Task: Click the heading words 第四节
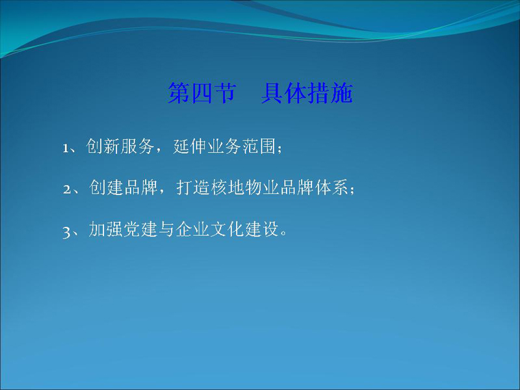[x=202, y=93]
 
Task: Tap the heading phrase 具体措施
[x=307, y=93]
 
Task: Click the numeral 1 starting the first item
[x=66, y=148]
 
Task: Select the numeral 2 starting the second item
[x=67, y=189]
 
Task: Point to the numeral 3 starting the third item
[x=66, y=231]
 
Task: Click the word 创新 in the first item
[x=103, y=146]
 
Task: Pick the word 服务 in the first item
[x=137, y=146]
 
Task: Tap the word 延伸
[x=190, y=146]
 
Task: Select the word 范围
[x=259, y=146]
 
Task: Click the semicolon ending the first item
[x=279, y=148]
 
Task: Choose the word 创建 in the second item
[x=106, y=187]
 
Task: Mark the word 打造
[x=193, y=187]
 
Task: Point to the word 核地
[x=228, y=187]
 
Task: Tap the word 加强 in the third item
[x=106, y=229]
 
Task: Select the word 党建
[x=140, y=229]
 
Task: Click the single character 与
[x=167, y=229]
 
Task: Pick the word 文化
[x=228, y=229]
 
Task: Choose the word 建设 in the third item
[x=263, y=229]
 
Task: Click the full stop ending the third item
[x=283, y=233]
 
